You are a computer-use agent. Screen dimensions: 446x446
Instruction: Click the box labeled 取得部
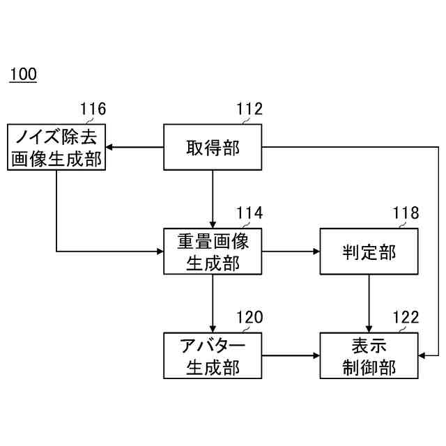(x=213, y=147)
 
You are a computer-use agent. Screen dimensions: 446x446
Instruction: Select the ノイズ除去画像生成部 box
(x=56, y=147)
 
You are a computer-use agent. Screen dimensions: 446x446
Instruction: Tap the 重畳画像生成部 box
(x=213, y=251)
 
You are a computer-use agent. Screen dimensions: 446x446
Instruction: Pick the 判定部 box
(x=369, y=251)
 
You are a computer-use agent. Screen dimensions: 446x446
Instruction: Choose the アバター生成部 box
(x=213, y=355)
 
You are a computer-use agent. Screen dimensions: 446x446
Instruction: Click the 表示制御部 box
(x=369, y=355)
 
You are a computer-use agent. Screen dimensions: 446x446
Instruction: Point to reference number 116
(x=93, y=109)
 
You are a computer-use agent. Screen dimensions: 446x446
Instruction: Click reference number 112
(x=249, y=109)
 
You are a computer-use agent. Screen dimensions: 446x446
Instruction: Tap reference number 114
(x=249, y=213)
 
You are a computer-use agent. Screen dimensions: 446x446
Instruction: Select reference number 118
(x=406, y=213)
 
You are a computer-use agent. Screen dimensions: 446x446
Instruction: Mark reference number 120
(x=249, y=318)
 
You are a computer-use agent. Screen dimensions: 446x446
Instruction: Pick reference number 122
(x=406, y=318)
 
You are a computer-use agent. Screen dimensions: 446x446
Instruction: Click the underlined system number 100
(x=23, y=75)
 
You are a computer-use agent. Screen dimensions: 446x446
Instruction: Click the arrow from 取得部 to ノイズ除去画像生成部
(x=134, y=147)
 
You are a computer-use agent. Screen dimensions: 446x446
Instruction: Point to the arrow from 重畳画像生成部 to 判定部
(x=291, y=251)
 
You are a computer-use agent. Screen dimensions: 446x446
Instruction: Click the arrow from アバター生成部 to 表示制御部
(x=291, y=355)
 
